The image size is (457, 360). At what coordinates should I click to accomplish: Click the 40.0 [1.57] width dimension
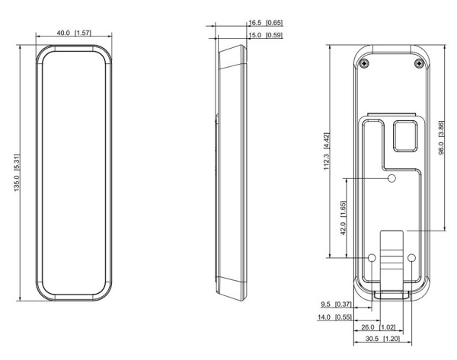(x=74, y=33)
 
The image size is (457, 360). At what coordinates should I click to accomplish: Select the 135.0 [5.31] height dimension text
(x=17, y=173)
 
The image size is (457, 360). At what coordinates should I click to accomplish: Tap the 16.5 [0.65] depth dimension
(x=266, y=23)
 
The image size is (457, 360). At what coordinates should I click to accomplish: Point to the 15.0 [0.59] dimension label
(x=266, y=35)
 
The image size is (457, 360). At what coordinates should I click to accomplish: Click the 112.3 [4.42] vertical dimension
(x=327, y=151)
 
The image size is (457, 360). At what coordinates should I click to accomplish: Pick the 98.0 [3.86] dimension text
(x=441, y=138)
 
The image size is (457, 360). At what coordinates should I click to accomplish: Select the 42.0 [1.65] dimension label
(x=344, y=218)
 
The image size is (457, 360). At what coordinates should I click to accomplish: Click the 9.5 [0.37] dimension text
(x=336, y=304)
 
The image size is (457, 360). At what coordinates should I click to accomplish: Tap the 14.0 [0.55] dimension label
(x=334, y=317)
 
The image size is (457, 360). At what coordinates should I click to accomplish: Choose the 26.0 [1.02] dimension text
(x=379, y=327)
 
